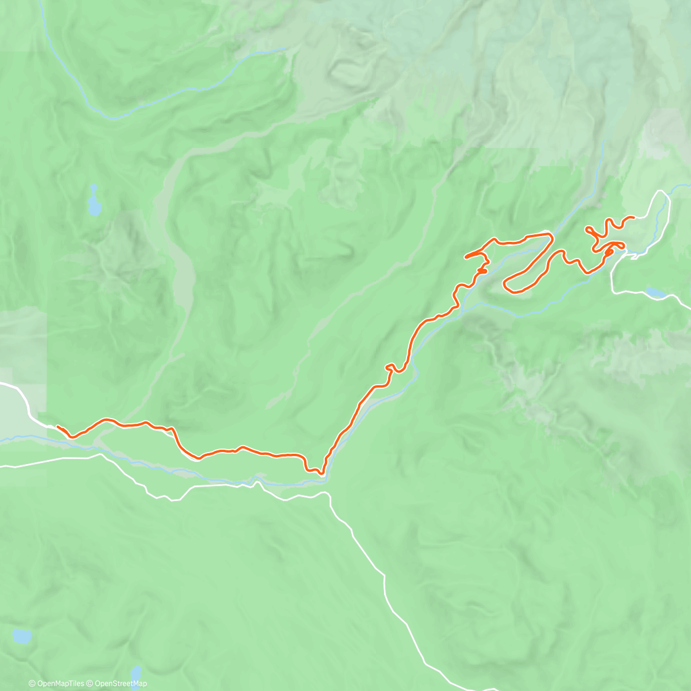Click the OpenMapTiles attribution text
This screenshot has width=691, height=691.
60,684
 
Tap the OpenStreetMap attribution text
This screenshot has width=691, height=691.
121,684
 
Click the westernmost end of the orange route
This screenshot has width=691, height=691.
57,427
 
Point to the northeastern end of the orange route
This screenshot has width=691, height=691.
633,217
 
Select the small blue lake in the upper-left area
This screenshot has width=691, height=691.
93,202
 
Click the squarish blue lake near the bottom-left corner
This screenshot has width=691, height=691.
22,636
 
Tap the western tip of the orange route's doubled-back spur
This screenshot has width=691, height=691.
465,255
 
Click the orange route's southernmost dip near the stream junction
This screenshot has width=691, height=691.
321,473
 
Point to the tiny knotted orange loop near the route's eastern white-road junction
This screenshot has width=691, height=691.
609,251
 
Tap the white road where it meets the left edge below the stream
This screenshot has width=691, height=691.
2,466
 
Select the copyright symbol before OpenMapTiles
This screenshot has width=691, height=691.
32,684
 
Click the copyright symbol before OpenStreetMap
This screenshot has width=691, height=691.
91,684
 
